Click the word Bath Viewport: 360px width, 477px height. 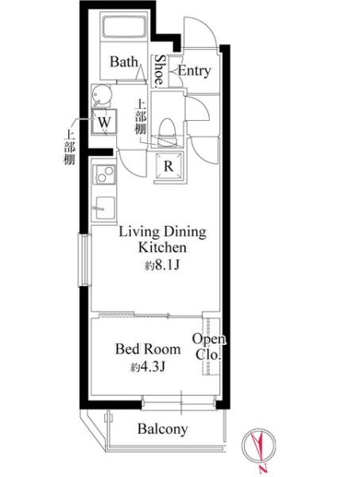[x=124, y=62]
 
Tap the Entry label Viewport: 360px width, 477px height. [x=194, y=71]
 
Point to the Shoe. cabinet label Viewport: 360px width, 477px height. [x=160, y=70]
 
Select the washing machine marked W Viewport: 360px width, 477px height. [x=104, y=122]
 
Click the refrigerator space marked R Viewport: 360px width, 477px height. [x=168, y=166]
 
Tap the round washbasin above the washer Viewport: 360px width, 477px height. [x=101, y=95]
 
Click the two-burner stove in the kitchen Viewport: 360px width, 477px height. [x=104, y=174]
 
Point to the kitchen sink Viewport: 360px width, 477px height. [x=105, y=207]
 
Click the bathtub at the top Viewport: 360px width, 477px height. [x=125, y=26]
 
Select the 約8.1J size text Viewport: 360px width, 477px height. [x=162, y=266]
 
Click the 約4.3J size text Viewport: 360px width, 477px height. [x=148, y=367]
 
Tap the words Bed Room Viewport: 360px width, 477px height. [x=148, y=349]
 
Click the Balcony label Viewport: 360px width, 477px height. [x=162, y=429]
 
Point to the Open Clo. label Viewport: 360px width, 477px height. [x=209, y=347]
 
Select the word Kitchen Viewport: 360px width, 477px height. [x=162, y=247]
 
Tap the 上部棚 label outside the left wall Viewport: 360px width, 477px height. [x=69, y=147]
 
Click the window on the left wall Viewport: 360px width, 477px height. [x=85, y=259]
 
